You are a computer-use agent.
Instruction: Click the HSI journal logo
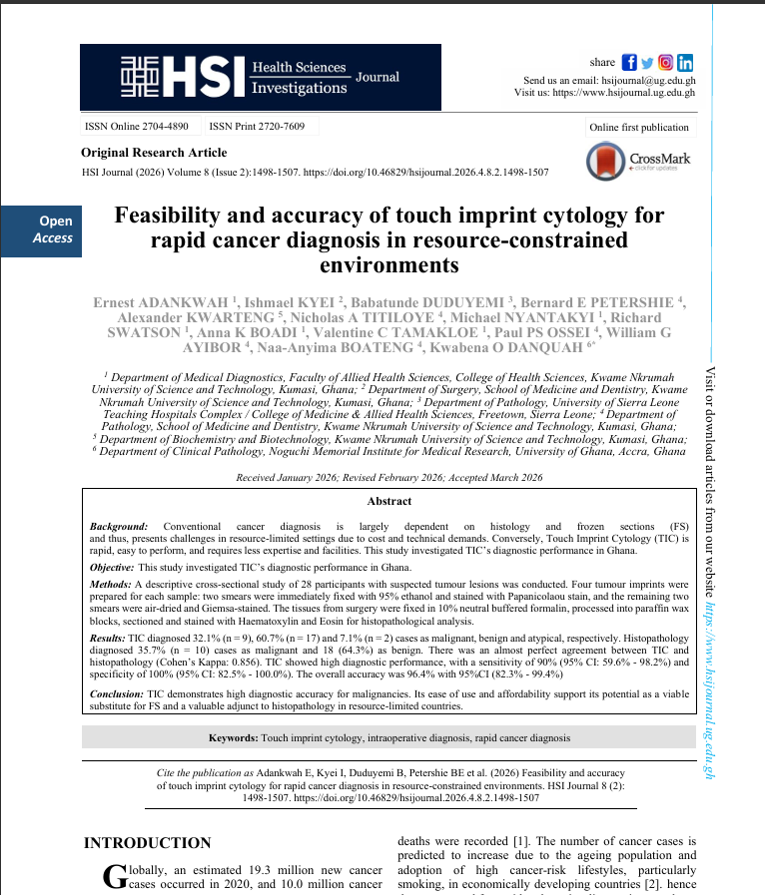click(x=261, y=77)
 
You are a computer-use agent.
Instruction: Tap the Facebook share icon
click(x=629, y=62)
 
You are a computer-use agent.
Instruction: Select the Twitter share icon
click(x=647, y=62)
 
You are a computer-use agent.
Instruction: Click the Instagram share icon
click(x=666, y=62)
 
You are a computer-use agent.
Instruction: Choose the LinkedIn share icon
click(x=685, y=62)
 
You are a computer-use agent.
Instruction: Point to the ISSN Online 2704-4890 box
click(x=137, y=127)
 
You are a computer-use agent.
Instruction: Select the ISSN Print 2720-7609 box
click(x=257, y=127)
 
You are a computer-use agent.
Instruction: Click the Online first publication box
click(x=639, y=127)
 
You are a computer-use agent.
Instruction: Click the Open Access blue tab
click(x=41, y=229)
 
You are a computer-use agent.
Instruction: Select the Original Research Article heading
click(x=147, y=153)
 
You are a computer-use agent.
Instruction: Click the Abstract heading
click(x=388, y=501)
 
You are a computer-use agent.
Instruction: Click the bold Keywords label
click(x=234, y=737)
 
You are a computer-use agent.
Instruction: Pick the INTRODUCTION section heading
click(x=147, y=843)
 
